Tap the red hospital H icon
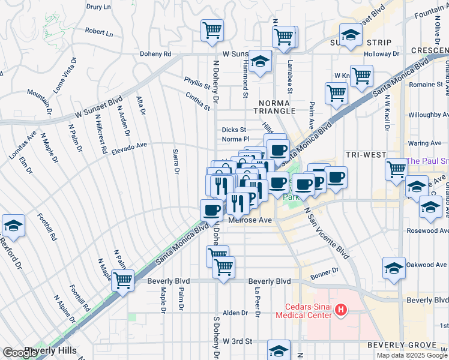[341, 310]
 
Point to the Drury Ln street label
[99, 7]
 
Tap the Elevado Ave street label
[129, 148]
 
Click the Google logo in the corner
[20, 353]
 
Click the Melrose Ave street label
[251, 220]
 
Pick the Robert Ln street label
[99, 32]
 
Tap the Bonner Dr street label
[325, 275]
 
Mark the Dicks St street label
[234, 130]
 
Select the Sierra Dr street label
[176, 162]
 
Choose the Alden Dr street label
[235, 313]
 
